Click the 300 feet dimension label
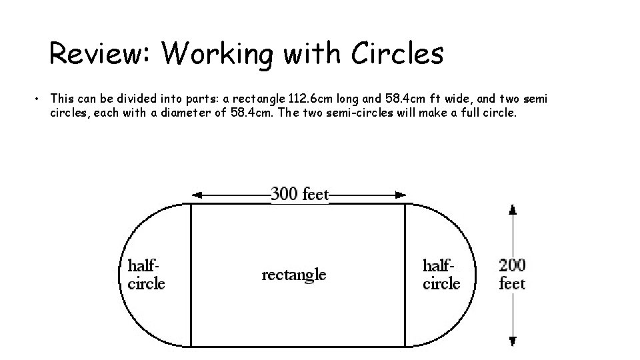[x=299, y=194]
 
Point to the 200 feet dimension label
[x=512, y=273]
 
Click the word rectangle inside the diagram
[x=294, y=274]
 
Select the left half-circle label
[x=145, y=273]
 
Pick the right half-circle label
[x=441, y=273]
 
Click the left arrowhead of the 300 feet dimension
[x=196, y=195]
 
